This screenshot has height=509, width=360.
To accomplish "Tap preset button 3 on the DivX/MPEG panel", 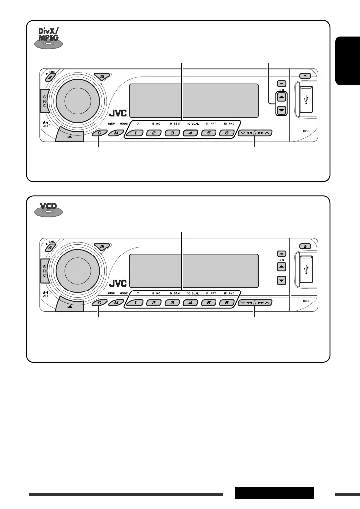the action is [x=172, y=133].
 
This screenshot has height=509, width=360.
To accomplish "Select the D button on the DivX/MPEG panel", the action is [x=99, y=133].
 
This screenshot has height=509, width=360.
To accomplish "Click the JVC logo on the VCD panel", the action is [x=118, y=284].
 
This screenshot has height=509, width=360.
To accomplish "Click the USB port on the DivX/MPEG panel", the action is [x=306, y=100].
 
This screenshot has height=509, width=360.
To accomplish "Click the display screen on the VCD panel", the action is [x=194, y=270].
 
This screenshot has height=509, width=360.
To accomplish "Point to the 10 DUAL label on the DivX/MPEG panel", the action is [x=192, y=122].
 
